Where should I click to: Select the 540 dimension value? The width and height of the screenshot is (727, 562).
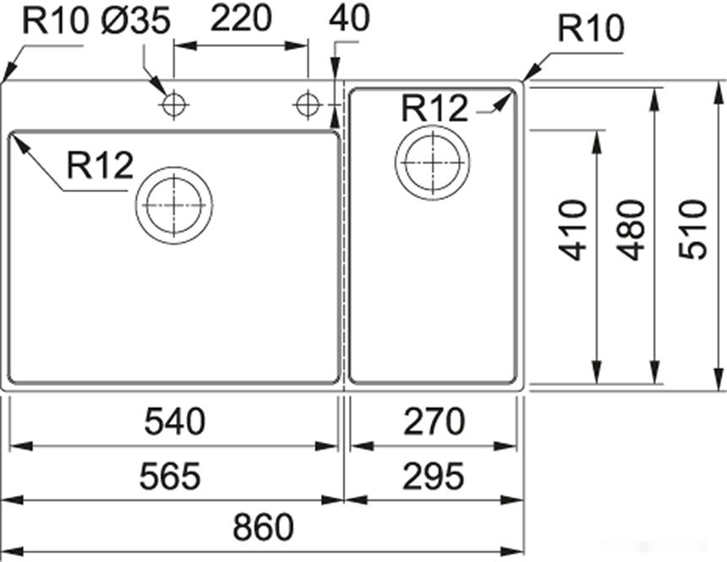point(174,421)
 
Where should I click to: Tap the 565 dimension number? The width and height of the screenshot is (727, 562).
point(172,477)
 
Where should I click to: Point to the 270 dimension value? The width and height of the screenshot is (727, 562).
point(434,421)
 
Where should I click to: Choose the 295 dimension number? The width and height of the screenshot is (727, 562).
point(434,477)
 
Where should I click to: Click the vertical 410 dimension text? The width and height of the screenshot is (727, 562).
point(575,229)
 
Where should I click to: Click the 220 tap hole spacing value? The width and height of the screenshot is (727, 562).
point(241,18)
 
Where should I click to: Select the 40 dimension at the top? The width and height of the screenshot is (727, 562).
point(349,18)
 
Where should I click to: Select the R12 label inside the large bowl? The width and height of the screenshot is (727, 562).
point(100,167)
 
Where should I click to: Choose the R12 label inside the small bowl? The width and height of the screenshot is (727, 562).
point(435,108)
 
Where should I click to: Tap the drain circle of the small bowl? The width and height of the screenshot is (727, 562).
point(433,161)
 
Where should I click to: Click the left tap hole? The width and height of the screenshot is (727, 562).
point(173,105)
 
